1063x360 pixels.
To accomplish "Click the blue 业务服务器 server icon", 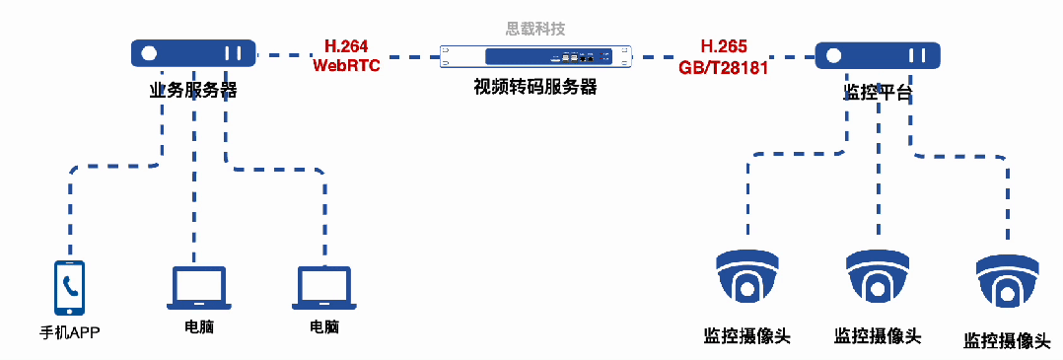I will [x=193, y=53].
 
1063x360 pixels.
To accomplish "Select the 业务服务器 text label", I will [x=193, y=90].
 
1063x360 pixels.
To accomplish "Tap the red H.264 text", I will [x=345, y=46].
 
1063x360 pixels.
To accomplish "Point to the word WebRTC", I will [x=346, y=65].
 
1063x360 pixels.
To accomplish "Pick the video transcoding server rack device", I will [x=535, y=55].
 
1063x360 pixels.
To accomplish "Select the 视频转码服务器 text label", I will [x=534, y=87].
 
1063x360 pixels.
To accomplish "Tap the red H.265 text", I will [x=724, y=47].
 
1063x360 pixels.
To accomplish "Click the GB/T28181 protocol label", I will [x=724, y=67].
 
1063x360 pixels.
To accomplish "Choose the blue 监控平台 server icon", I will [x=877, y=55].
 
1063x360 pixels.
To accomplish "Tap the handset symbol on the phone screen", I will [x=69, y=286].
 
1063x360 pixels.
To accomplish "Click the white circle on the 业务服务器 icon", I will [x=150, y=53].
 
